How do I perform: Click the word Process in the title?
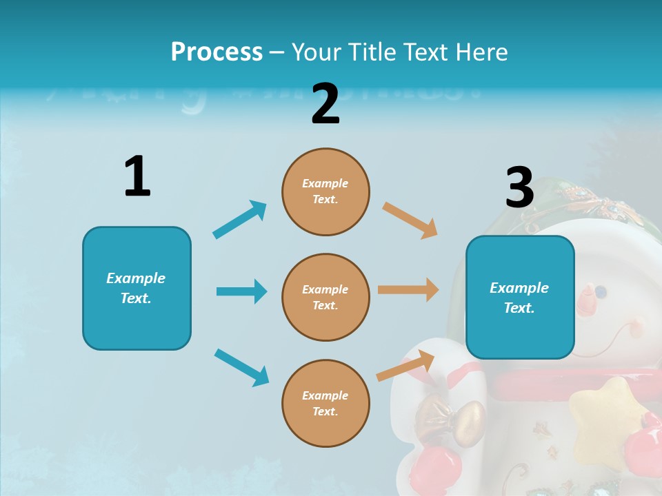pos(217,52)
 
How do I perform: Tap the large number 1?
pos(137,177)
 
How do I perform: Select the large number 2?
pos(325,104)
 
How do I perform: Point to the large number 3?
pos(519,187)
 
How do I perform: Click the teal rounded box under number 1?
pos(137,288)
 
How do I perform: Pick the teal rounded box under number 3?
pos(520,298)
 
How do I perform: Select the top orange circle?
pos(325,192)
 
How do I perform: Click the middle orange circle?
pos(325,297)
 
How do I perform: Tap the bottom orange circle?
pos(325,403)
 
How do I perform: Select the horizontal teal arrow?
pos(241,291)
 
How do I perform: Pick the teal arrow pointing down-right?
pos(241,367)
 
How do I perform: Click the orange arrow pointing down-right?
pos(410,220)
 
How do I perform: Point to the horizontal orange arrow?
pos(408,290)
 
